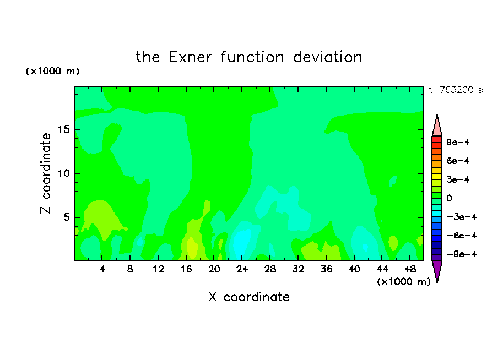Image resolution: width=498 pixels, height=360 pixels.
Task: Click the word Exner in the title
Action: [x=190, y=57]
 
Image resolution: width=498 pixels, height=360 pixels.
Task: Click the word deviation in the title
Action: [x=328, y=57]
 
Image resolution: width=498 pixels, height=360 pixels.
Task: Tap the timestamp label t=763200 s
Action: [x=456, y=90]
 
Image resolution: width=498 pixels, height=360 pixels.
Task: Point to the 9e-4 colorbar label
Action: [x=458, y=142]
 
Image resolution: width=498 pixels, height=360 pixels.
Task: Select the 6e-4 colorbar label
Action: [x=458, y=161]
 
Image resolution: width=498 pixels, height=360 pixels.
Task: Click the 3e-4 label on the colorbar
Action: [x=458, y=179]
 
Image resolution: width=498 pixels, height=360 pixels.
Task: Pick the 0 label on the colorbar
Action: [x=449, y=198]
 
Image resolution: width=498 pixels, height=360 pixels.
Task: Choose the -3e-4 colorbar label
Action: [x=462, y=217]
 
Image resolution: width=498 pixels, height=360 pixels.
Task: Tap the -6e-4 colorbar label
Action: [x=462, y=236]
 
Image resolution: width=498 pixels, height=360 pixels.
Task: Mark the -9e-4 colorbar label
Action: [x=462, y=254]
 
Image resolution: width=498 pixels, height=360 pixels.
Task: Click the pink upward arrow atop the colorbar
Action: [x=437, y=125]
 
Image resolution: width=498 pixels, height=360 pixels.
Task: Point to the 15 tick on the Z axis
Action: [x=63, y=129]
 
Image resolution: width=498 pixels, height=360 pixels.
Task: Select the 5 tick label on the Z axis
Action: [x=66, y=217]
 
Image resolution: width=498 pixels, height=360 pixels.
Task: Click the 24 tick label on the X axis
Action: [x=242, y=270]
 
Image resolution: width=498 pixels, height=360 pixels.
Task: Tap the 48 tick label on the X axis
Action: [x=410, y=270]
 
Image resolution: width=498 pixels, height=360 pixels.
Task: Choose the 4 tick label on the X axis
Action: [x=102, y=270]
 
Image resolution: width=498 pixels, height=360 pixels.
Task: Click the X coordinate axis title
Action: [x=249, y=297]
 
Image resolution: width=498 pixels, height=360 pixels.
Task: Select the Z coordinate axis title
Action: [x=46, y=173]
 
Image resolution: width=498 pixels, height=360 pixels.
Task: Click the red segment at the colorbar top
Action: [x=437, y=139]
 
